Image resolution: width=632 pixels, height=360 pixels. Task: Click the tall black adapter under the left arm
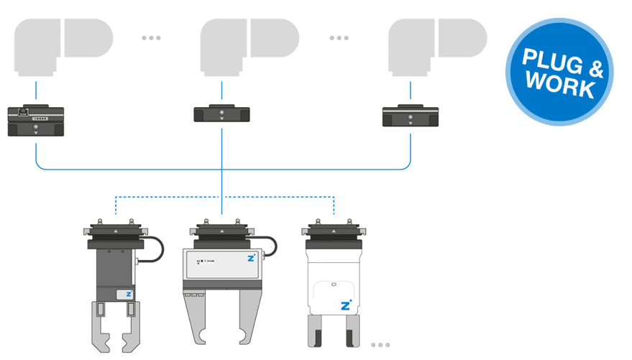(x=35, y=121)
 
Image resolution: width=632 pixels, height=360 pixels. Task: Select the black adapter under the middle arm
(x=221, y=114)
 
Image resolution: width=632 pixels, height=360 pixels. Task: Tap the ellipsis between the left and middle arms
(x=151, y=38)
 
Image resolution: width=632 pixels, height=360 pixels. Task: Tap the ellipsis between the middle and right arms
(x=339, y=38)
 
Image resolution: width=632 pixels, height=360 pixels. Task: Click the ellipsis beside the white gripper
(x=380, y=346)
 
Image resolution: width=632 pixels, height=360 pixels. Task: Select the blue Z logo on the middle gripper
(x=250, y=258)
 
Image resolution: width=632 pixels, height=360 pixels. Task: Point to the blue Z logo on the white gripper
(x=346, y=305)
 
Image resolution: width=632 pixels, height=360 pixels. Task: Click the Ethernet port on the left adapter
(x=23, y=112)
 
